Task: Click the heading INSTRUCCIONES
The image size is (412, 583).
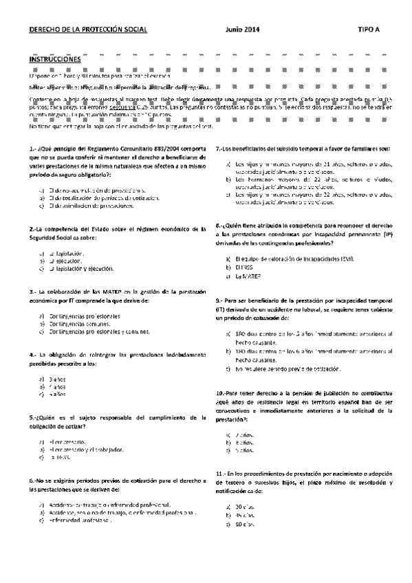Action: click(x=55, y=59)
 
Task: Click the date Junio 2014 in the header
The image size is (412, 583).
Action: click(x=242, y=30)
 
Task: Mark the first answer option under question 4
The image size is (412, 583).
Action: click(x=56, y=379)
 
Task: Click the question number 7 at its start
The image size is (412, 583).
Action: click(x=219, y=148)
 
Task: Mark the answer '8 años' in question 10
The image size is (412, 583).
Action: click(x=243, y=424)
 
